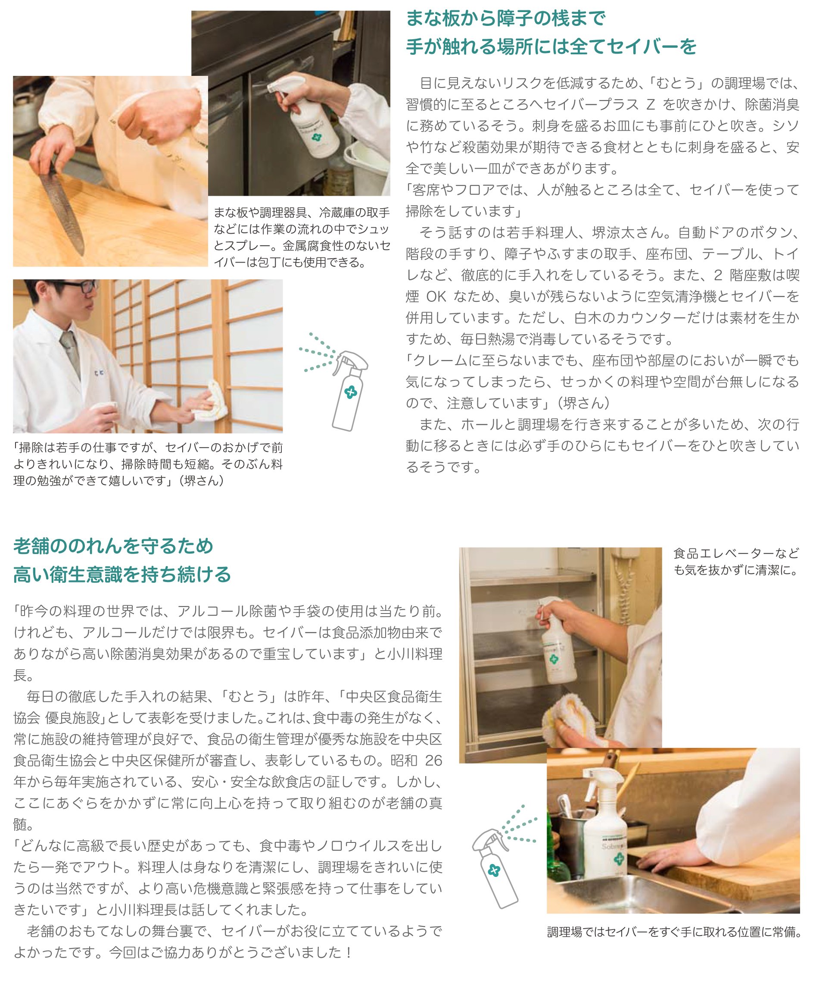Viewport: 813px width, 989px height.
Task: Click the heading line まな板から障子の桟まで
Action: tap(505, 19)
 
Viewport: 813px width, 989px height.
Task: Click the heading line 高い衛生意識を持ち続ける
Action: tap(122, 574)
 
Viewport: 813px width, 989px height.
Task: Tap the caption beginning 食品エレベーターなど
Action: tap(736, 562)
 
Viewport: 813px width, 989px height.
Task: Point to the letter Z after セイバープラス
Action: tap(650, 104)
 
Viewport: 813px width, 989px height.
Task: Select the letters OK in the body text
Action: tap(436, 297)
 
